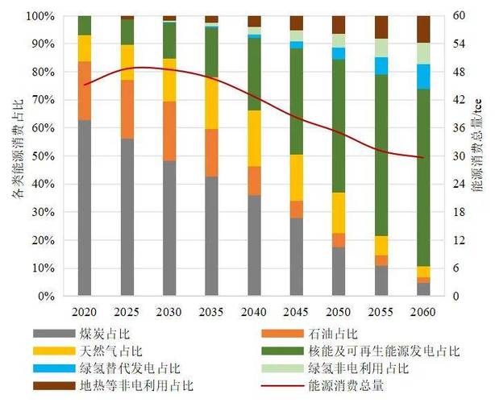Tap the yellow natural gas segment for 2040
(x=254, y=138)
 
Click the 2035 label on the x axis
(x=211, y=311)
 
